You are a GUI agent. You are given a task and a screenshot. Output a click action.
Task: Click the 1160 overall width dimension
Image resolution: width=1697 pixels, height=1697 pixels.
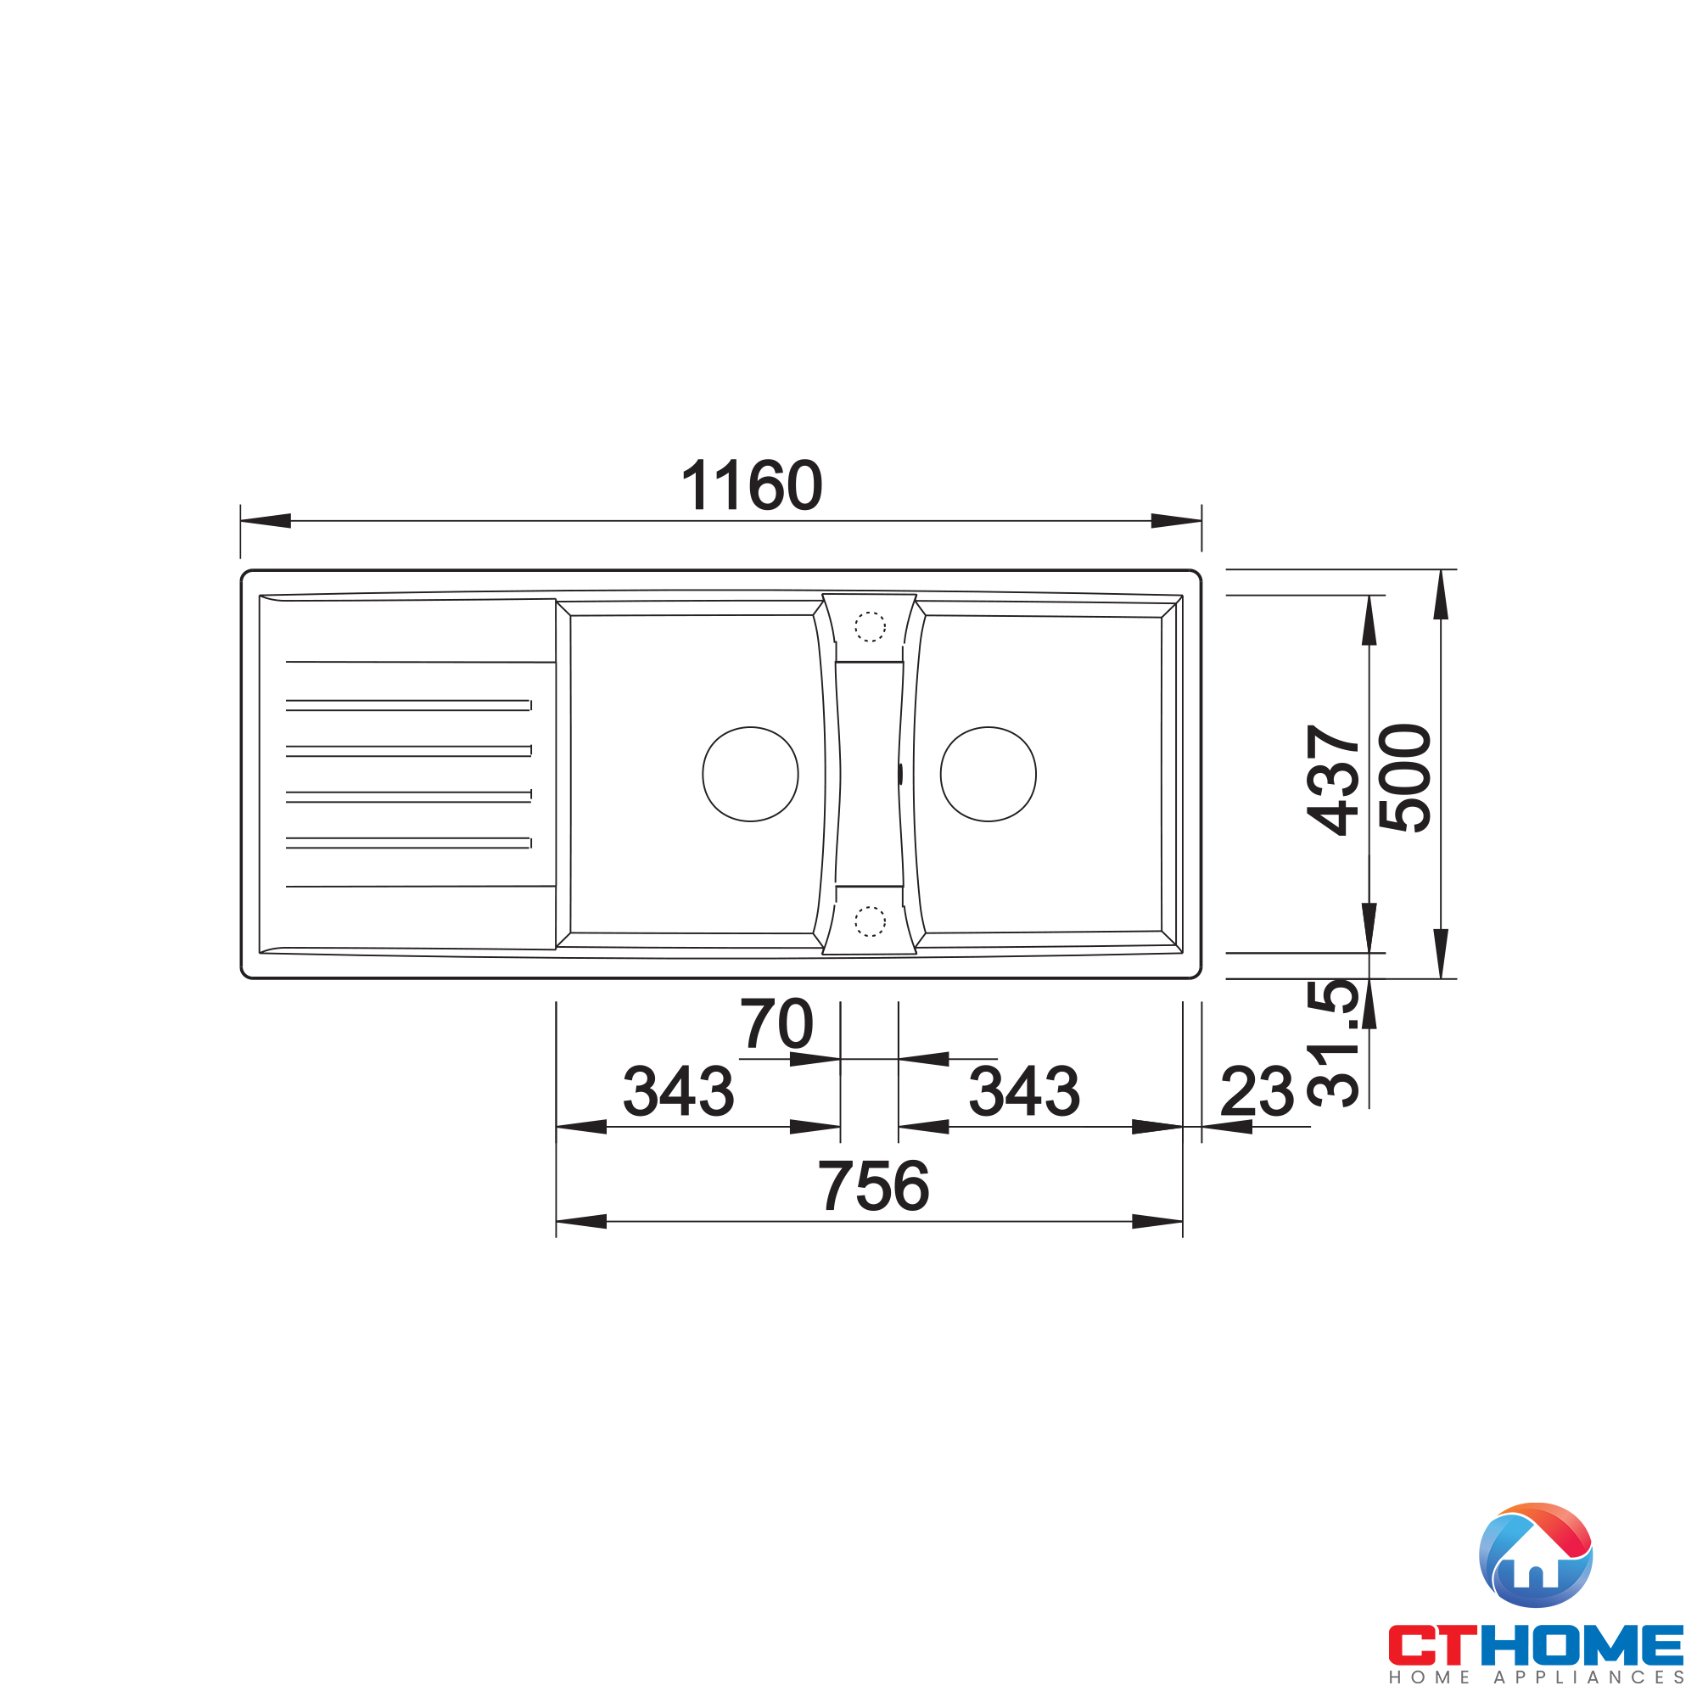751,485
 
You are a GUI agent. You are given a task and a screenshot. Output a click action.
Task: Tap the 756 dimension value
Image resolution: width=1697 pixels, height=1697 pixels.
873,1186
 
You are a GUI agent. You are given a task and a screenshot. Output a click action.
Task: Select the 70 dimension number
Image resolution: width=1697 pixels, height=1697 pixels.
776,1024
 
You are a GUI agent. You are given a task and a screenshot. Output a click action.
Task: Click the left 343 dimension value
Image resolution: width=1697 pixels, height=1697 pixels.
678,1092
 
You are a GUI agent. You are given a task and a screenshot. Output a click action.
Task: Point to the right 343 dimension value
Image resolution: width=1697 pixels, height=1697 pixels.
1023,1092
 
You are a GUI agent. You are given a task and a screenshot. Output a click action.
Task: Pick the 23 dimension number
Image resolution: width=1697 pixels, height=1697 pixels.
1257,1092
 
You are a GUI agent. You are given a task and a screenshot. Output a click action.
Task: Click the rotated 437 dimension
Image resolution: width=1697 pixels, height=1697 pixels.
1332,779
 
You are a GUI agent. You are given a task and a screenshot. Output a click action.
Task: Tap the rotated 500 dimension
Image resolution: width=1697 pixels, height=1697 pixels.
1404,778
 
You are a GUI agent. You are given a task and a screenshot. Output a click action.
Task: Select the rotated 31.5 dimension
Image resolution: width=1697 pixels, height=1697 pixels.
1332,1044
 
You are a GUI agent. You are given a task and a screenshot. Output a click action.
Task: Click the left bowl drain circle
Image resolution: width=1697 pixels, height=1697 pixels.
750,774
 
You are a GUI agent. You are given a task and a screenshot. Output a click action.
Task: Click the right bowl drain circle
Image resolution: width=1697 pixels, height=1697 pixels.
989,774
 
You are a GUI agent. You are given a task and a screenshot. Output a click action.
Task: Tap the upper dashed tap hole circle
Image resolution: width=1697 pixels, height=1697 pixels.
870,627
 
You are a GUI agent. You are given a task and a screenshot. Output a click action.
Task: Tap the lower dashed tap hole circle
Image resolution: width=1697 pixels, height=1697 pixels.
870,921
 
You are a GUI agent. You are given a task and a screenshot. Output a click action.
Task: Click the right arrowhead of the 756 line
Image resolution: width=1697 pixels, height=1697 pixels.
1157,1222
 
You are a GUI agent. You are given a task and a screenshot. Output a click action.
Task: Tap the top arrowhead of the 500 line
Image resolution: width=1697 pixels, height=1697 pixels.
1441,596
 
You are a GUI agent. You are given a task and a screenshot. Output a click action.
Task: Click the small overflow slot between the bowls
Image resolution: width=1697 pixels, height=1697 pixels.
900,774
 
